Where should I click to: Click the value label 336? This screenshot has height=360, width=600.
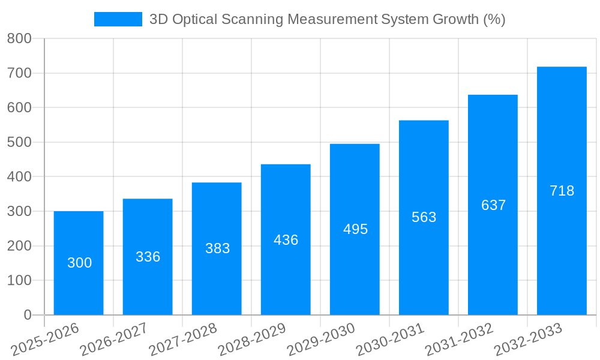point(148,257)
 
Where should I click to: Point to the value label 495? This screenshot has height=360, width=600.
point(355,229)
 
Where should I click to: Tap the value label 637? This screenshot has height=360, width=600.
point(493,205)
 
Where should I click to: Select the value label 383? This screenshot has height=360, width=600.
point(217,248)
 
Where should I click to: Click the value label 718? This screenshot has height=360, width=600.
point(562,191)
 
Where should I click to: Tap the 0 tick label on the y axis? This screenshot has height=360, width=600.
point(27,315)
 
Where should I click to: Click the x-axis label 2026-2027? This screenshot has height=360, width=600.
point(114,340)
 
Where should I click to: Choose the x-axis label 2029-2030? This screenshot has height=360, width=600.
point(321,340)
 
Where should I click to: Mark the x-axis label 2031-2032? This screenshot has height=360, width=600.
point(459,340)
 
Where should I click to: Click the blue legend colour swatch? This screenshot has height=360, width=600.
point(118,19)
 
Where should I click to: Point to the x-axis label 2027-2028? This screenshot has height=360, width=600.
point(183,340)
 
